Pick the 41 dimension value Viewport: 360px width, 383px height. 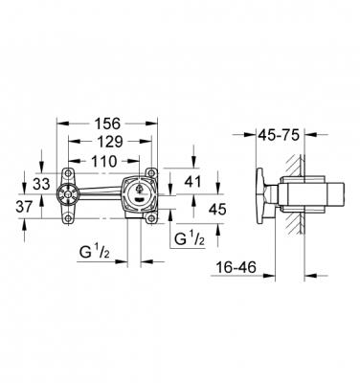[x=192, y=181]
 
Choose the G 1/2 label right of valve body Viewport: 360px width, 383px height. [x=189, y=237]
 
